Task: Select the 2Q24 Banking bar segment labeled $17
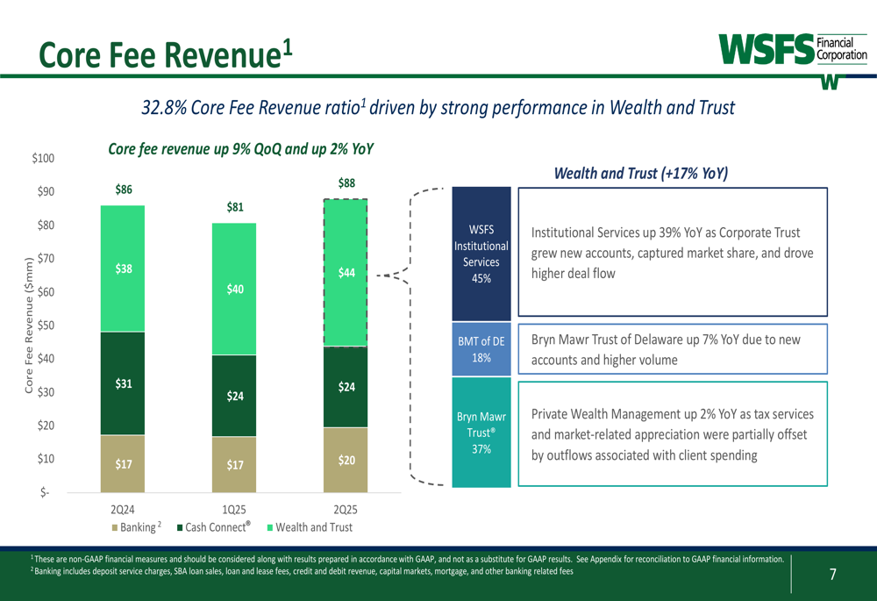click(123, 463)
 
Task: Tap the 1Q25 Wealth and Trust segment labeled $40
click(234, 289)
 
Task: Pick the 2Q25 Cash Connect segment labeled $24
click(346, 387)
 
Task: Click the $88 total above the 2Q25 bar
click(346, 183)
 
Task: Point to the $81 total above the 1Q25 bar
click(234, 207)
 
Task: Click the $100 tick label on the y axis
click(42, 158)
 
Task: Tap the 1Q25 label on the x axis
click(234, 510)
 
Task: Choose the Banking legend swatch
click(115, 527)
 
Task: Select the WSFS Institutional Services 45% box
click(481, 254)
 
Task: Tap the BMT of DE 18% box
click(481, 349)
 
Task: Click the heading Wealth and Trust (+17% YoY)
click(641, 174)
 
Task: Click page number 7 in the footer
click(832, 575)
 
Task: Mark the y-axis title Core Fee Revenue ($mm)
click(29, 326)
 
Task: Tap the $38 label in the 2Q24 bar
click(123, 270)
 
